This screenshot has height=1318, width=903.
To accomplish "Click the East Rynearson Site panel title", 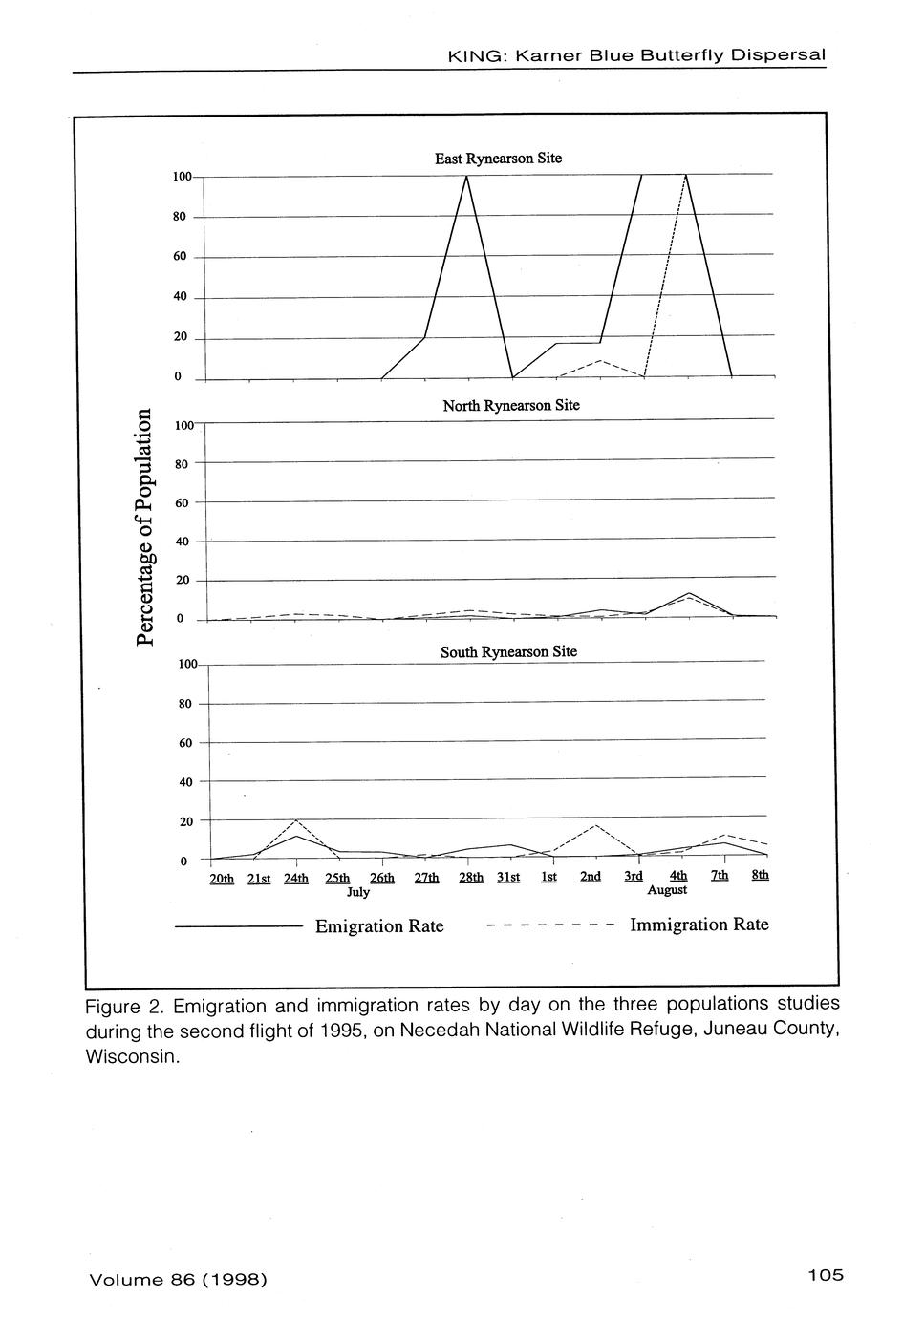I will pyautogui.click(x=498, y=159).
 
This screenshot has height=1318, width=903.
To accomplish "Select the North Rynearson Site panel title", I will pyautogui.click(x=510, y=405).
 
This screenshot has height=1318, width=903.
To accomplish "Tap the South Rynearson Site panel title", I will pyautogui.click(x=508, y=652).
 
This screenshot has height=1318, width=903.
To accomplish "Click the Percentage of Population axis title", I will pyautogui.click(x=144, y=526).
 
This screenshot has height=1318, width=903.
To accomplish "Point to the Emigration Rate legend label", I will pyautogui.click(x=379, y=926).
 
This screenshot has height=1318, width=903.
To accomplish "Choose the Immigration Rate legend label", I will pyautogui.click(x=699, y=925).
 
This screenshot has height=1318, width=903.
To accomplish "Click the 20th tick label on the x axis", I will pyautogui.click(x=222, y=878).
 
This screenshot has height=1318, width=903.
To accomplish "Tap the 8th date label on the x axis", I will pyautogui.click(x=761, y=875).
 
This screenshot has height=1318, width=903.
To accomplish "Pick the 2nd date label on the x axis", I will pyautogui.click(x=591, y=876).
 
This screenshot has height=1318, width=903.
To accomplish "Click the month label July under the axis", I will pyautogui.click(x=358, y=892).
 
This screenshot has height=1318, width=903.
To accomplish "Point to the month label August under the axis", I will pyautogui.click(x=667, y=889).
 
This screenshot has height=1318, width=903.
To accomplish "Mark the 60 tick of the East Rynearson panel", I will pyautogui.click(x=180, y=257).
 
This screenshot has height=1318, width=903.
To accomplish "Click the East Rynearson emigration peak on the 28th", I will pyautogui.click(x=466, y=177).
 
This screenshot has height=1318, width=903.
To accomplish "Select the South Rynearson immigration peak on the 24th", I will pyautogui.click(x=296, y=820).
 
